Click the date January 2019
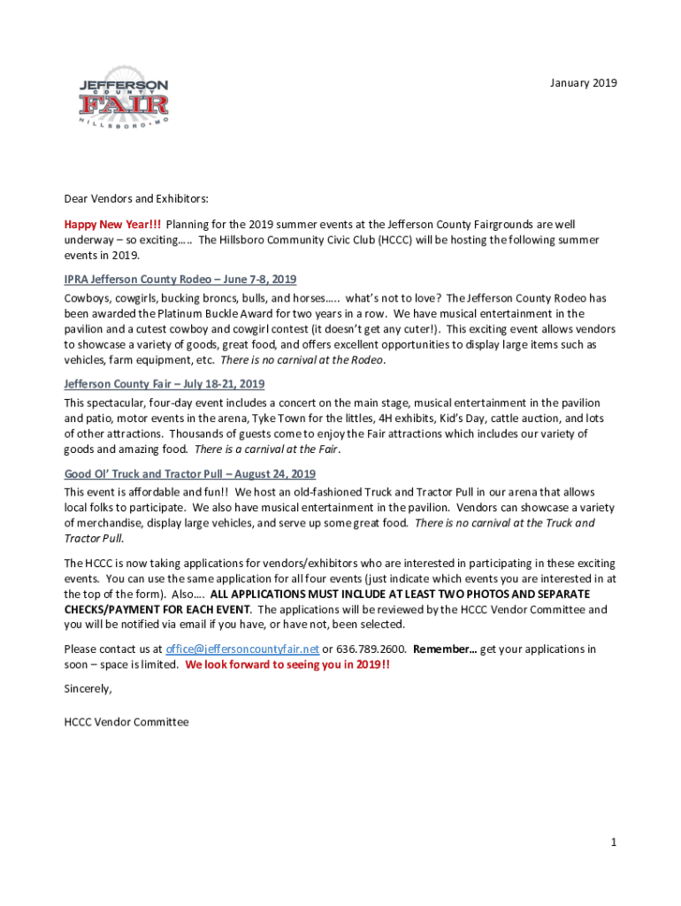pyautogui.click(x=583, y=83)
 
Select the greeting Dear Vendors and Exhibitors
pyautogui.click(x=135, y=199)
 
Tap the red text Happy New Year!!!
pyautogui.click(x=111, y=225)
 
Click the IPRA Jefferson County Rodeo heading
pyautogui.click(x=180, y=279)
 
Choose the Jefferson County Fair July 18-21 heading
pyautogui.click(x=164, y=384)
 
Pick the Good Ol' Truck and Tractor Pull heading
pyautogui.click(x=189, y=474)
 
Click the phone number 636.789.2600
pyautogui.click(x=371, y=649)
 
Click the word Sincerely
pyautogui.click(x=88, y=687)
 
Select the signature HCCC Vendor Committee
pyautogui.click(x=126, y=722)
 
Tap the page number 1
pyautogui.click(x=613, y=842)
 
